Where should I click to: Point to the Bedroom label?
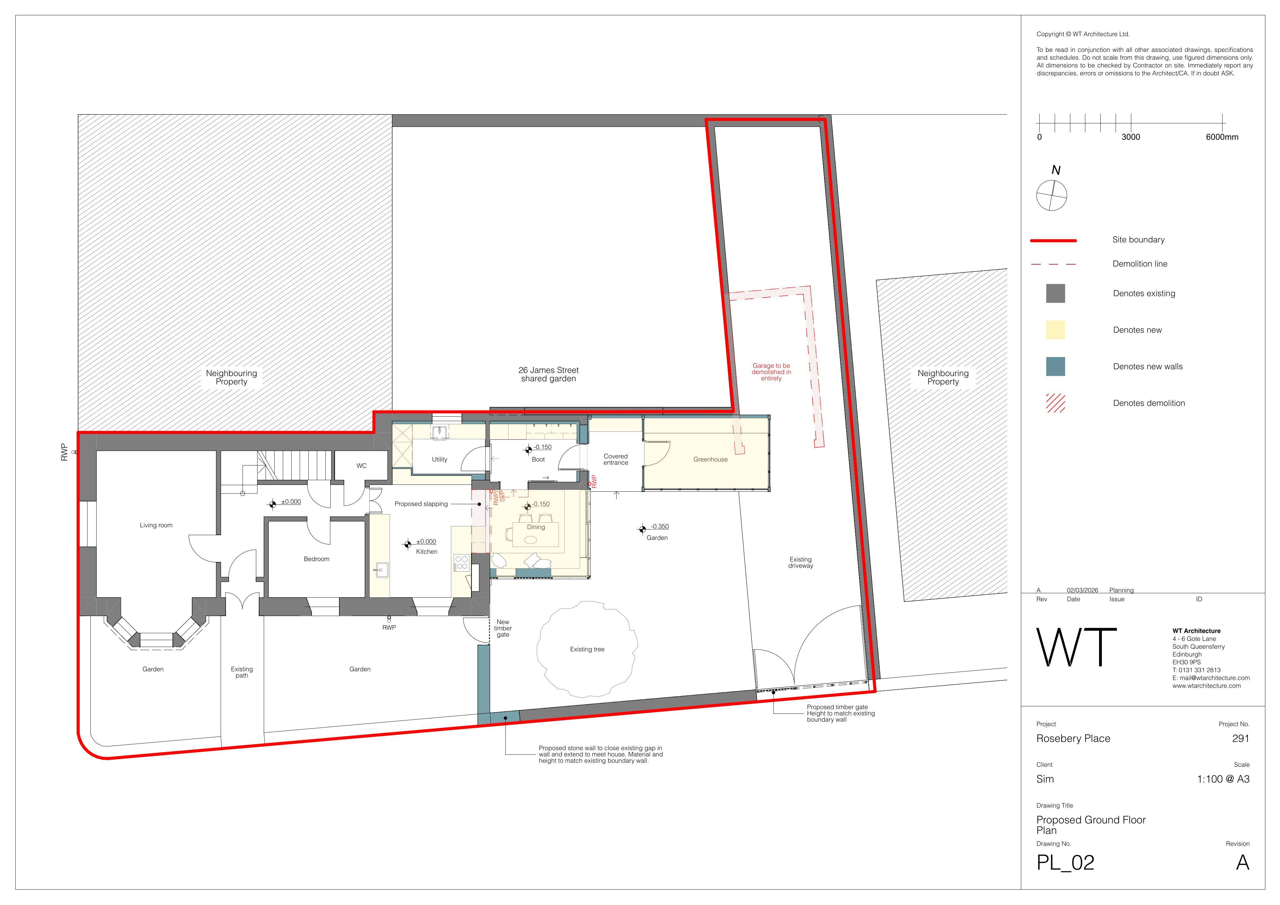(x=317, y=559)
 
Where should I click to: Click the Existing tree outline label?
(x=587, y=649)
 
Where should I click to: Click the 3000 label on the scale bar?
(x=1131, y=137)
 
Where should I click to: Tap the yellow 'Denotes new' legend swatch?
(x=1055, y=330)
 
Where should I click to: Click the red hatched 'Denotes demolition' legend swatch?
(x=1055, y=403)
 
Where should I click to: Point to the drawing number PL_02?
(x=1065, y=863)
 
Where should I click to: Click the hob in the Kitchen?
(x=462, y=562)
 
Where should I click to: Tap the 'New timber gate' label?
(x=503, y=628)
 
